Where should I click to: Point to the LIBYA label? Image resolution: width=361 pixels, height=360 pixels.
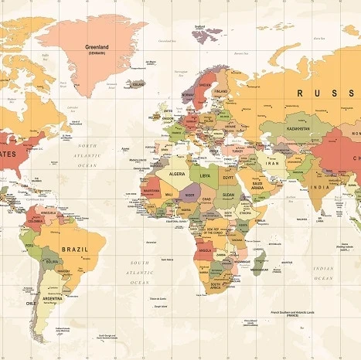(x=206, y=176)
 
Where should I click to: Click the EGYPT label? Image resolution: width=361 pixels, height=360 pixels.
(x=227, y=178)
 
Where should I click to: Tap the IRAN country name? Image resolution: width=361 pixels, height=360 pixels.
(x=273, y=163)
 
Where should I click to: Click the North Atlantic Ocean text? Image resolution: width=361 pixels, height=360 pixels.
(x=87, y=155)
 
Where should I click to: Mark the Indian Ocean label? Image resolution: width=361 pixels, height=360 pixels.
(x=324, y=273)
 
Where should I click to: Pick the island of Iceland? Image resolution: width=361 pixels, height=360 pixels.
(x=138, y=83)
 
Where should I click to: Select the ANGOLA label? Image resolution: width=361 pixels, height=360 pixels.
(x=206, y=251)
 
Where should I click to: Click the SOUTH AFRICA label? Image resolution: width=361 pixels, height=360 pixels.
(x=215, y=286)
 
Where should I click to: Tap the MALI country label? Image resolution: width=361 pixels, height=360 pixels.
(x=169, y=195)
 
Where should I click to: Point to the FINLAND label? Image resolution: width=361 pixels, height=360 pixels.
(x=220, y=90)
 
